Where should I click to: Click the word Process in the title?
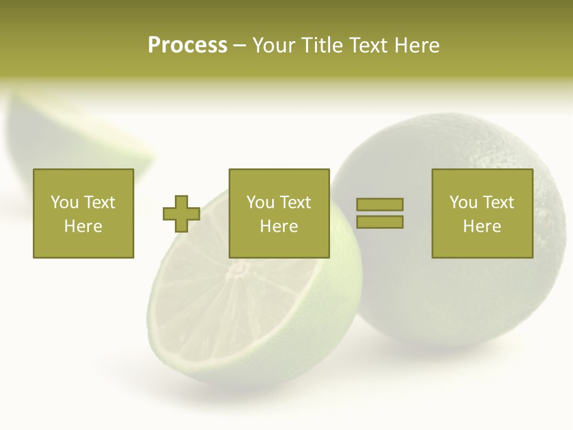[x=187, y=45]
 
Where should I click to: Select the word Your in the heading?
[x=274, y=45]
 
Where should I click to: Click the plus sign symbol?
[x=181, y=214]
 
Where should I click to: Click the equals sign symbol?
[x=380, y=213]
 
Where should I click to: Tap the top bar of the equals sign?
[x=380, y=204]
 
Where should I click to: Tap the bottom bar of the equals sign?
[x=380, y=222]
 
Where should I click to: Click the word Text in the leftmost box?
[x=99, y=202]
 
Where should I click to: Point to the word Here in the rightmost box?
[x=482, y=226]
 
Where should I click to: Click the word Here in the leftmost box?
[x=83, y=226]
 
